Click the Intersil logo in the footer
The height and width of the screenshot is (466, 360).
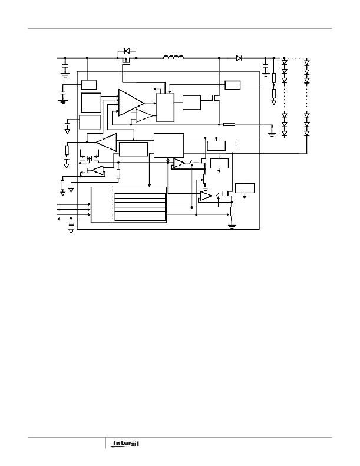(124, 444)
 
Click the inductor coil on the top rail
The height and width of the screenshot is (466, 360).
(173, 57)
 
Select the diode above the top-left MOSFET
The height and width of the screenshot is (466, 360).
(127, 51)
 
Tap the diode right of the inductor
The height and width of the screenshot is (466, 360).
(239, 58)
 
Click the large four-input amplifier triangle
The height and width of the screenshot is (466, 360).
(131, 103)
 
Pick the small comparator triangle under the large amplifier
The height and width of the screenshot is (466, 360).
(144, 115)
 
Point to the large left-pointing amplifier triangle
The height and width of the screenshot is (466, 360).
(107, 143)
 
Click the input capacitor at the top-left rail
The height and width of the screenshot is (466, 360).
(65, 68)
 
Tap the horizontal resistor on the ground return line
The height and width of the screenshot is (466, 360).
(229, 124)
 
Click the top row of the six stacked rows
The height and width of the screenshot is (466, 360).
(140, 196)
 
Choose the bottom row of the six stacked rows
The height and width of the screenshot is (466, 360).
(140, 219)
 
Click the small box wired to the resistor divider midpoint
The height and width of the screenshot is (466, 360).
(233, 85)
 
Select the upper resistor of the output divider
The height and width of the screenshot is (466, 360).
(274, 78)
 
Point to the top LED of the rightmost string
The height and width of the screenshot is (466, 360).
(307, 62)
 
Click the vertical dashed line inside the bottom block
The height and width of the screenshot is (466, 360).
(113, 204)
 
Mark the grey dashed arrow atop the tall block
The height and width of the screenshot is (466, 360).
(157, 89)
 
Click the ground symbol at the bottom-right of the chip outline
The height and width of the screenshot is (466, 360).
(232, 226)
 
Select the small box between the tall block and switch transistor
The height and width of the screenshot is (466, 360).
(191, 103)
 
